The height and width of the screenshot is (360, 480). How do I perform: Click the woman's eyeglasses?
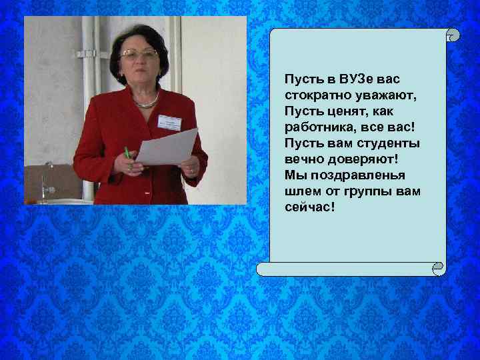click(138, 53)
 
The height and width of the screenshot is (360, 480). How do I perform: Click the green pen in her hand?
click(127, 153)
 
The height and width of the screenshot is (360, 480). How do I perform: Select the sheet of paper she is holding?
click(167, 146)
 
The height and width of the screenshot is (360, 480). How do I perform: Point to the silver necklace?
click(147, 103)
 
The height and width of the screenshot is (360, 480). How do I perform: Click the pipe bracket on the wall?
click(87, 53)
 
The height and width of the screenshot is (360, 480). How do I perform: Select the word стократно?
click(314, 95)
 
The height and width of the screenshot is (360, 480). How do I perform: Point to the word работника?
click(317, 127)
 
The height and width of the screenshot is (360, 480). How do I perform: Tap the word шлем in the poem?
click(299, 191)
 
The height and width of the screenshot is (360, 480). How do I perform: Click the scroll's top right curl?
click(453, 34)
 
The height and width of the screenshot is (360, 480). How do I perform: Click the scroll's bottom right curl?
click(437, 269)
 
